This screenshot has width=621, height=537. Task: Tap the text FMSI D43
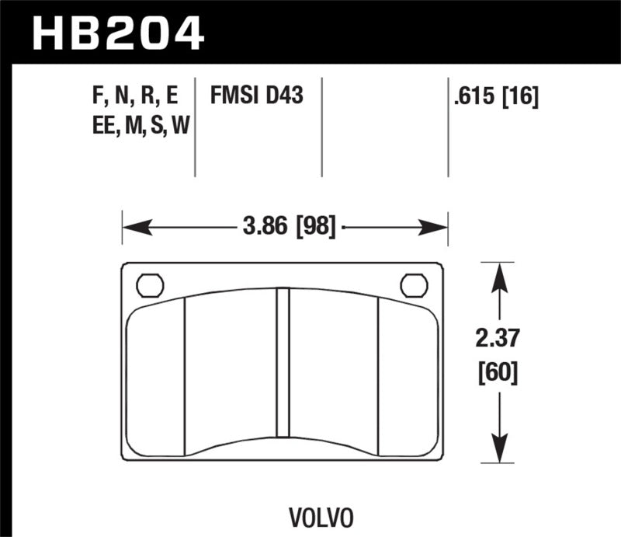pyautogui.click(x=255, y=96)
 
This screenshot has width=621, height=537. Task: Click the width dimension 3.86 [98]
pyautogui.click(x=288, y=228)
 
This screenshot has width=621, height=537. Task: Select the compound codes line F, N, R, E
pyautogui.click(x=134, y=96)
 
